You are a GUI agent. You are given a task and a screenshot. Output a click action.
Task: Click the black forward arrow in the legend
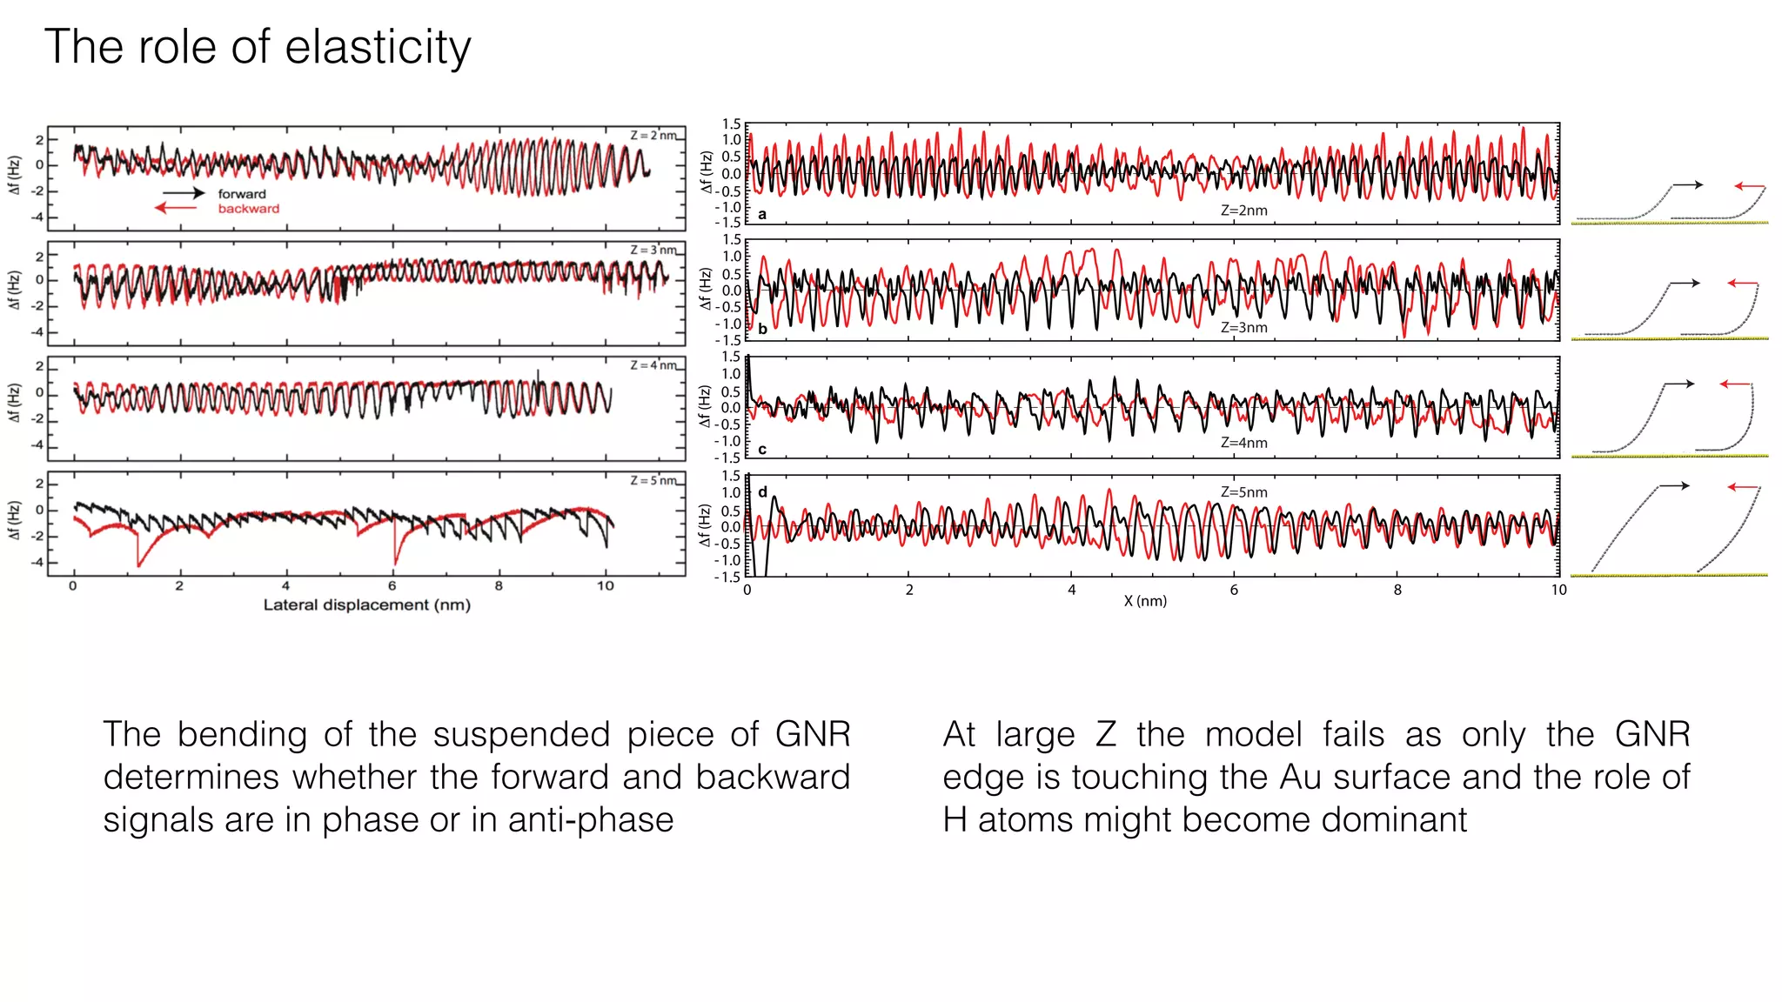click(184, 193)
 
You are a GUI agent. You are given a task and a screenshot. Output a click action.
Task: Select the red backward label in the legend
click(248, 209)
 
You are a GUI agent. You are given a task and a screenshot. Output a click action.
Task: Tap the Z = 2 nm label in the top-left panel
click(653, 136)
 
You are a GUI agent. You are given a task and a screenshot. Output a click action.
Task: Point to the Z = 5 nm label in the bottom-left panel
click(653, 481)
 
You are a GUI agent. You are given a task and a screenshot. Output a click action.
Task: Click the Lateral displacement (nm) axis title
click(366, 605)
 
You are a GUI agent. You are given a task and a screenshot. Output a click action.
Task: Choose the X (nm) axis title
click(1145, 601)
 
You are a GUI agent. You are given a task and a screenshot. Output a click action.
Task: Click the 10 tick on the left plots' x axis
click(605, 586)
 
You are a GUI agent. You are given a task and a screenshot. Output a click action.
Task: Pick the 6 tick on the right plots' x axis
click(1234, 590)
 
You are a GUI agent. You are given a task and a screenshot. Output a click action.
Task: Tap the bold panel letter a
click(762, 214)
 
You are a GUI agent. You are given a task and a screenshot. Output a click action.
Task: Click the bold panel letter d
click(762, 491)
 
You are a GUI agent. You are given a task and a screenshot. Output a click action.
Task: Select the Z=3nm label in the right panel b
click(1243, 328)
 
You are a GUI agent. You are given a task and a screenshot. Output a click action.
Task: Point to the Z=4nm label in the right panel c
click(1243, 443)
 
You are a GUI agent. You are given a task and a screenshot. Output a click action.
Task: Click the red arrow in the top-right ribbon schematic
click(1749, 186)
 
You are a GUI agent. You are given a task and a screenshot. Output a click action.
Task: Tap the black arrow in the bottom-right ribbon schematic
click(1674, 485)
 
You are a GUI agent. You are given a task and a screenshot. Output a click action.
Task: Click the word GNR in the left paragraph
click(813, 735)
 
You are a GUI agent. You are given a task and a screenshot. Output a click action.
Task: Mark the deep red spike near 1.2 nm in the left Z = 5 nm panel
click(138, 562)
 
